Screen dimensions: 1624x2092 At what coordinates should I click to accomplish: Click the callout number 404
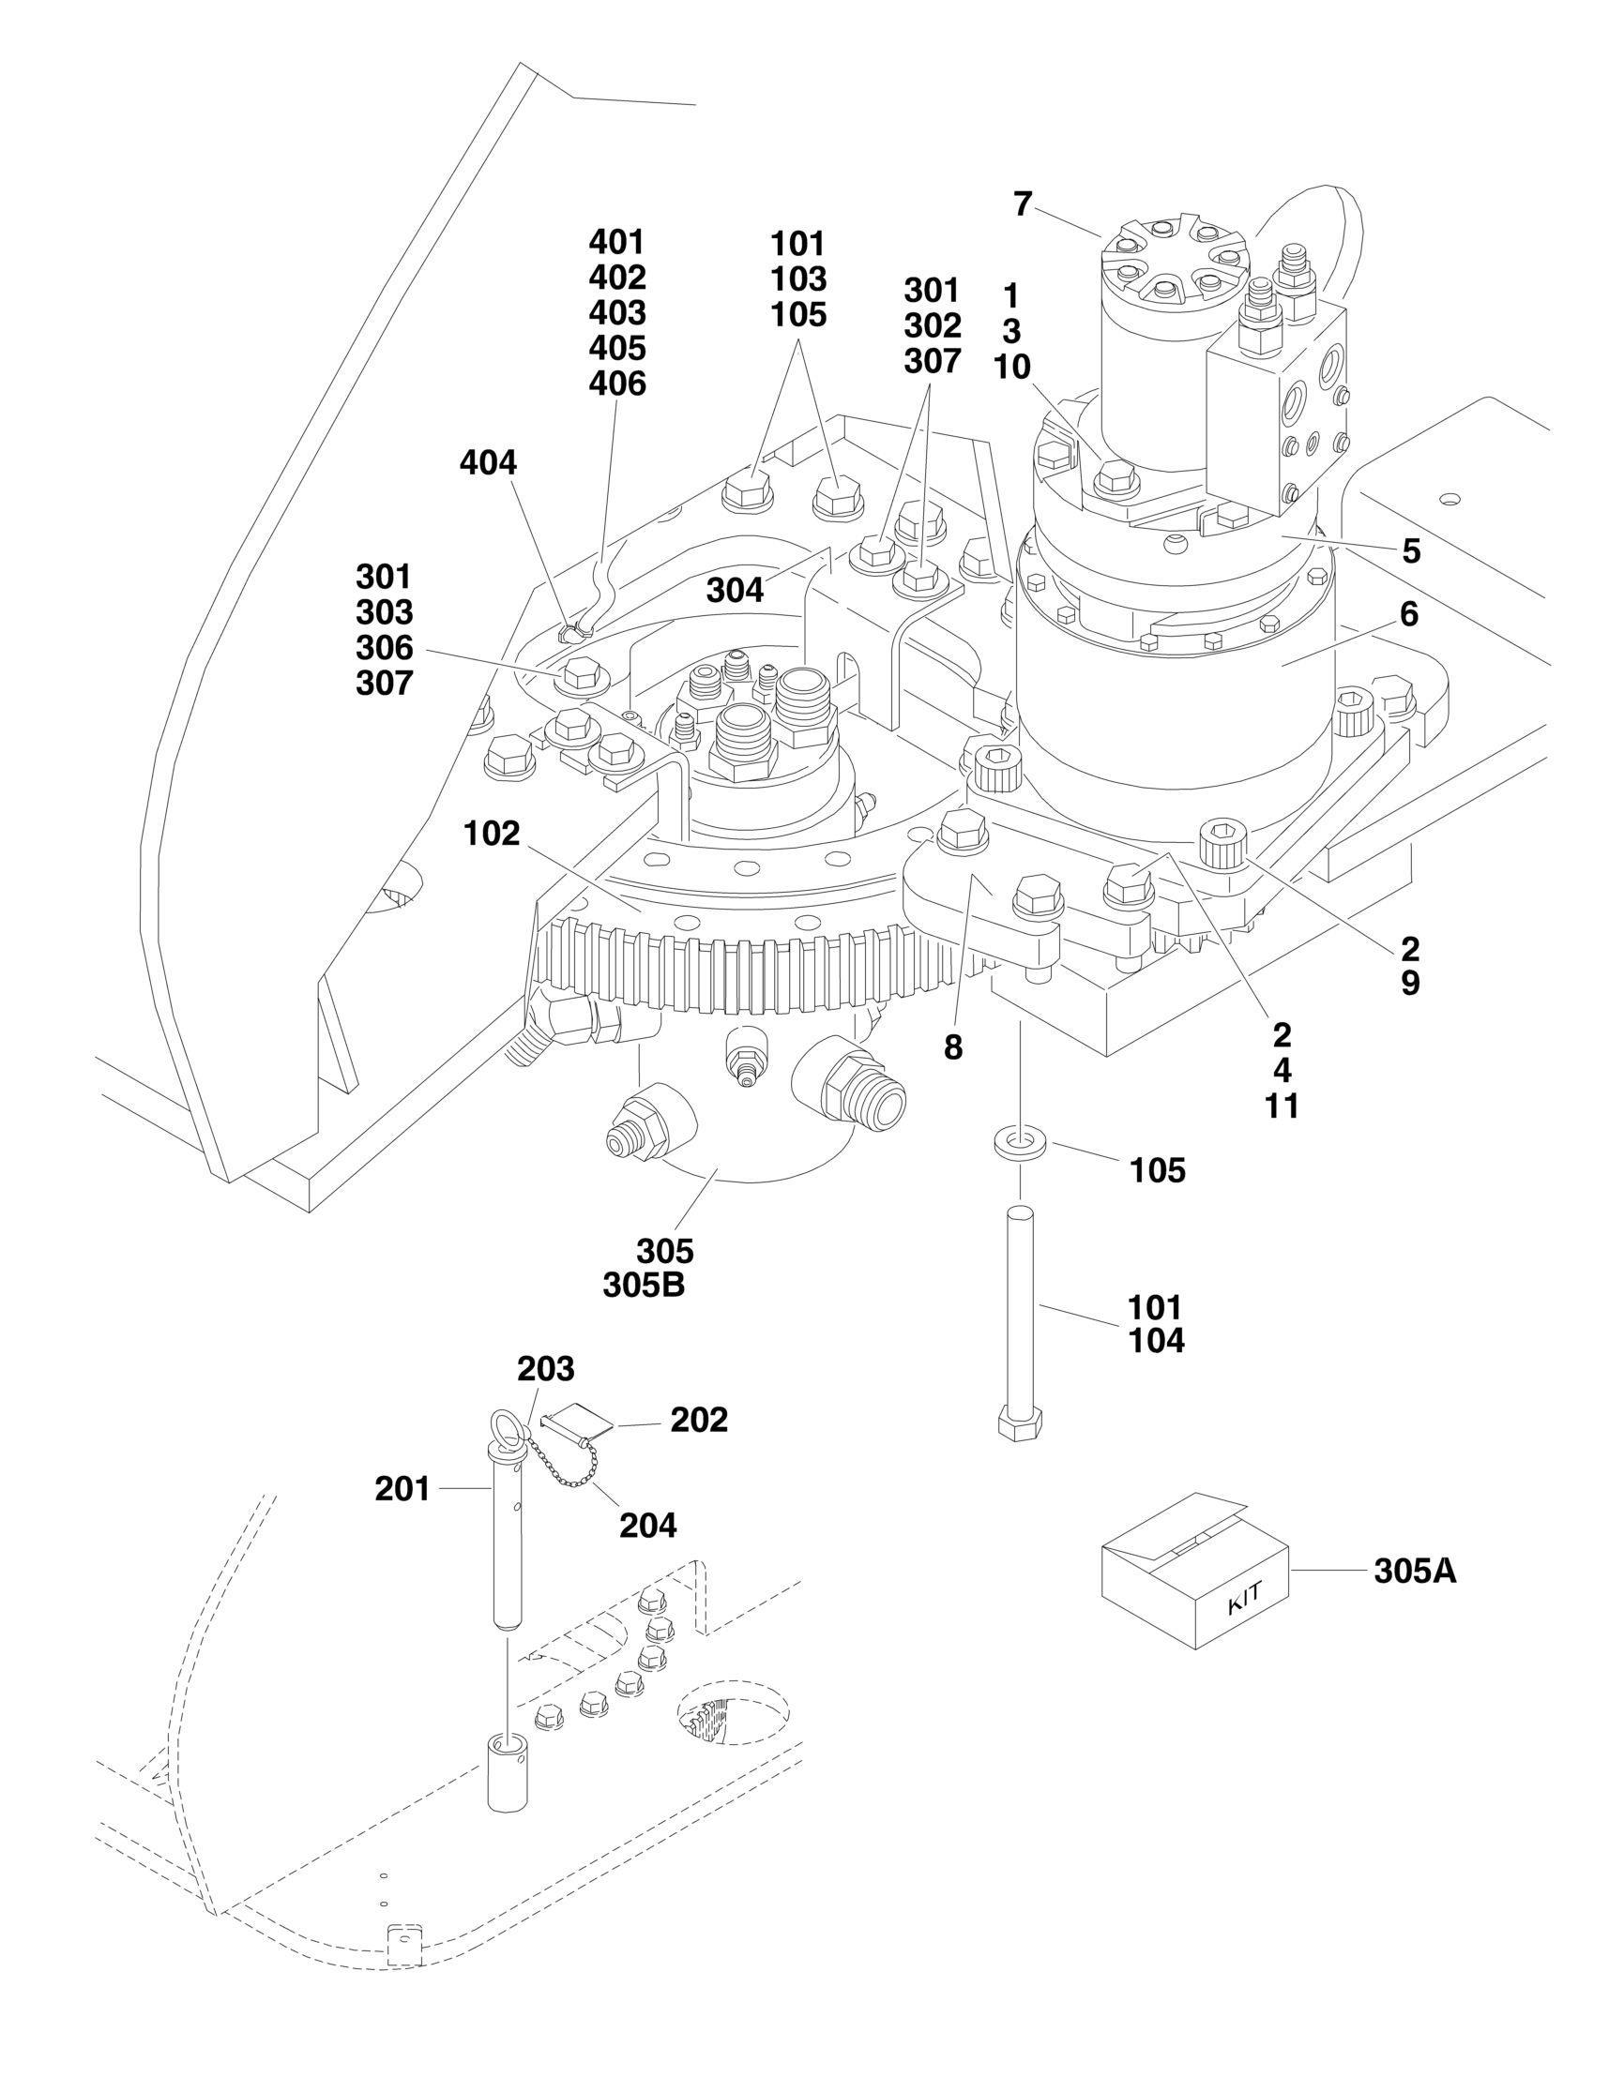488,463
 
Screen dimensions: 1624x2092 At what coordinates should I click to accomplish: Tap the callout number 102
492,835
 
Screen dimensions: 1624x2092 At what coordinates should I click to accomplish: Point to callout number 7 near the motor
1024,204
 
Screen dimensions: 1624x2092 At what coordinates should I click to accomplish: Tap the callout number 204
647,1525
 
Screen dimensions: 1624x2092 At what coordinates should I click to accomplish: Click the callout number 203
546,1370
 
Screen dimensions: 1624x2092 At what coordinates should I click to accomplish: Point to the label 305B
644,1286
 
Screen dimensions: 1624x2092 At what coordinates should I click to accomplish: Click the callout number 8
952,1047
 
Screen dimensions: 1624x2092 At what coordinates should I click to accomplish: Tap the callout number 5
1411,551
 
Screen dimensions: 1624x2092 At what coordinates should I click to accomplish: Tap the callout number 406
617,384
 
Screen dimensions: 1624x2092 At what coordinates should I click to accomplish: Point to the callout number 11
1281,1106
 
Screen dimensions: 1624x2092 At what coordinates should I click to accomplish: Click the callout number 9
1410,984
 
